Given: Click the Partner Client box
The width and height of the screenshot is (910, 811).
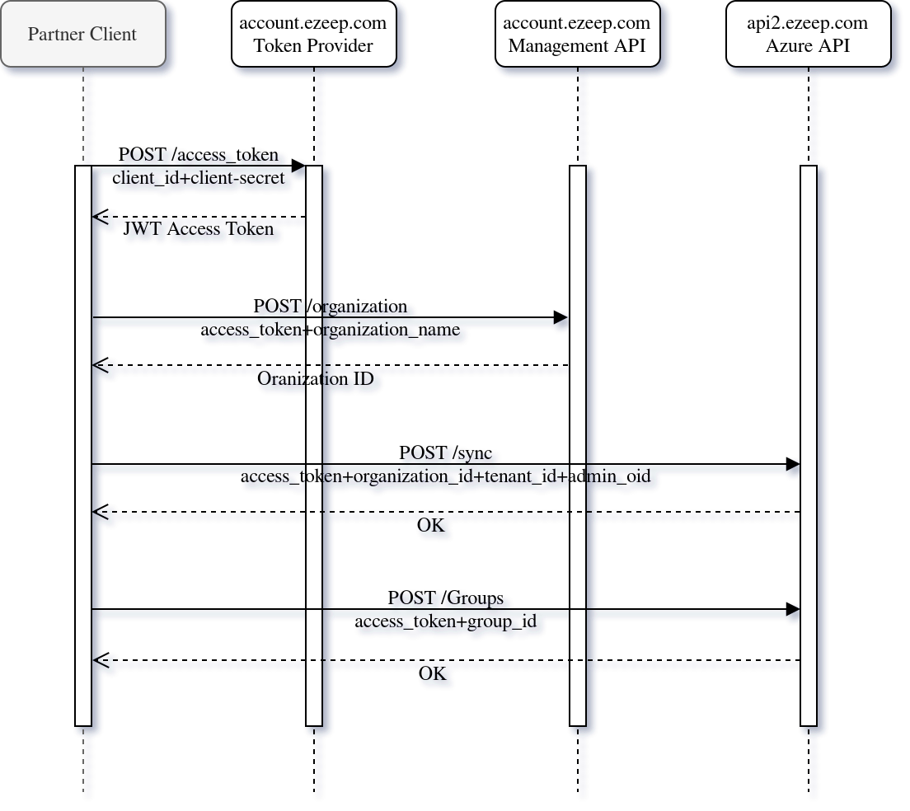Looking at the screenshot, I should click(82, 35).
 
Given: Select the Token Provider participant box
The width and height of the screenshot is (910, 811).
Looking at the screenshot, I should click(313, 35).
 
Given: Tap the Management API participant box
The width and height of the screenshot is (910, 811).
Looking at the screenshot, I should click(577, 35).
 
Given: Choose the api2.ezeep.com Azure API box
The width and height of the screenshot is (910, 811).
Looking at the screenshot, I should click(808, 35).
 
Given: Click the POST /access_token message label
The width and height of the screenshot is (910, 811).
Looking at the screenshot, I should click(201, 157).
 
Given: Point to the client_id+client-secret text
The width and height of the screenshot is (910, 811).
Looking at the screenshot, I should click(203, 177).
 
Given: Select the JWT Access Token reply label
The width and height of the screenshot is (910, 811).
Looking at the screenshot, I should click(203, 230).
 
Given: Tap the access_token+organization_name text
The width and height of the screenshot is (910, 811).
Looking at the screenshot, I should click(331, 330).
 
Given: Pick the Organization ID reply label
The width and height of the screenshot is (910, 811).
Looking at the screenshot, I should click(317, 380).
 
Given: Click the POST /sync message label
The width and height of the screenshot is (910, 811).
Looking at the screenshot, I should click(448, 454).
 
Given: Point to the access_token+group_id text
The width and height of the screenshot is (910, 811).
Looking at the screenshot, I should click(448, 622).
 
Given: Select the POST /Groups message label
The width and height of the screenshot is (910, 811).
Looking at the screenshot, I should click(448, 598).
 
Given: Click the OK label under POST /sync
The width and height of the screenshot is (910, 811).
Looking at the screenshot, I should click(433, 526).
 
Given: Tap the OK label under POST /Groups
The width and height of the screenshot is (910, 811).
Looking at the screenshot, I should click(433, 674).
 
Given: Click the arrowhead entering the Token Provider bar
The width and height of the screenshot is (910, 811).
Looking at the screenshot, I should click(298, 171).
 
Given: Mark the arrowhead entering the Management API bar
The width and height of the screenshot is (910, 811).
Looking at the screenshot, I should click(561, 321).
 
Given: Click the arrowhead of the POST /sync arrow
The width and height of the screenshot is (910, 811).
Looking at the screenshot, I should click(792, 469).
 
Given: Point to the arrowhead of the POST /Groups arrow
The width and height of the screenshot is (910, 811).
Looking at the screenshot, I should click(792, 614).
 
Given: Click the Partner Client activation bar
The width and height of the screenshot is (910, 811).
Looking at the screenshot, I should click(83, 445).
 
